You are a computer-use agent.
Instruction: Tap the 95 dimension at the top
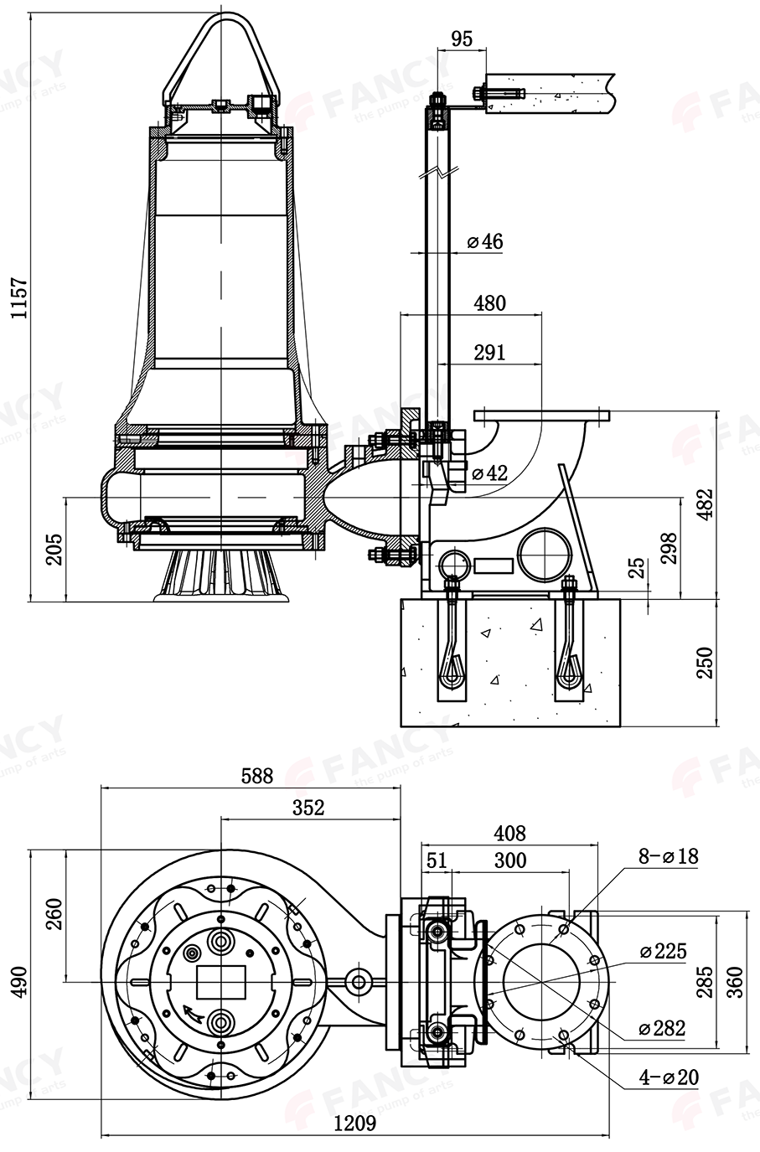pos(462,39)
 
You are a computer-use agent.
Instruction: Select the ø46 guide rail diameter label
pos(485,242)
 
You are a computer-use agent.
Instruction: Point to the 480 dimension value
pos(490,302)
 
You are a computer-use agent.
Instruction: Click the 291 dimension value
pos(490,352)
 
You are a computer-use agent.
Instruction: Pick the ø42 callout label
pos(490,473)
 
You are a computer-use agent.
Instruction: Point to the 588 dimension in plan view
pos(256,775)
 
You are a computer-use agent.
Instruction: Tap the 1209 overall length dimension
pos(354,1123)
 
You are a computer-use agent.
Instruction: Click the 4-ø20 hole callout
pos(669,1077)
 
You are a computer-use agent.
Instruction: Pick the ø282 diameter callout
pos(662,1028)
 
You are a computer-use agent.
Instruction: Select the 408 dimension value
pos(509,833)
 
